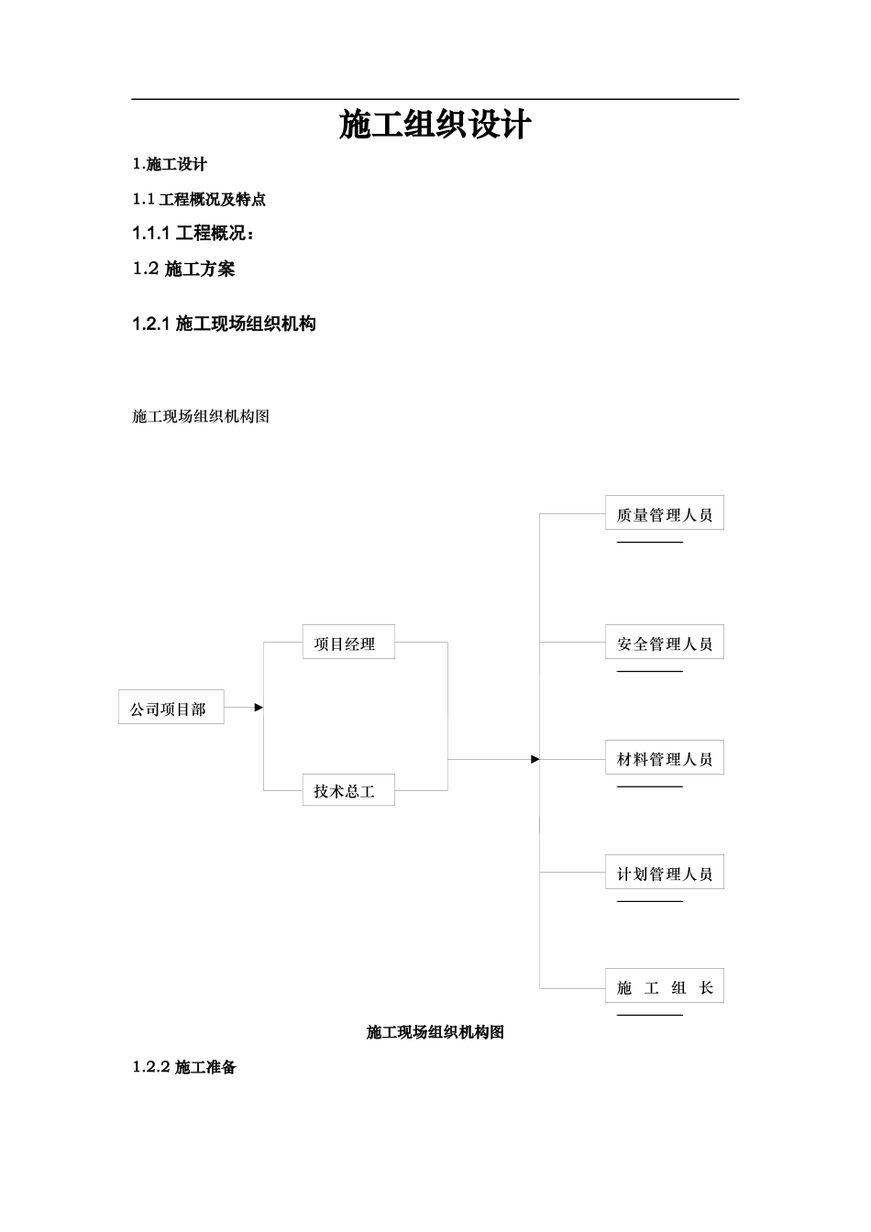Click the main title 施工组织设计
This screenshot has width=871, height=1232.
[435, 126]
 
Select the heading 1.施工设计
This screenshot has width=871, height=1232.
[170, 164]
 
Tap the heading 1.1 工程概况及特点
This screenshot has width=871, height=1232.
[199, 199]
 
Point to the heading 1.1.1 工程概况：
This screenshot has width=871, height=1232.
[193, 234]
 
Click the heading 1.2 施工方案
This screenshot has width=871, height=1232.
[183, 269]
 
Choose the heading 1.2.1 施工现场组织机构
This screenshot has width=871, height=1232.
[224, 324]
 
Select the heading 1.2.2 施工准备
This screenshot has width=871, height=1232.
[184, 1067]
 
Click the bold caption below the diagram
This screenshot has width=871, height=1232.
[435, 1032]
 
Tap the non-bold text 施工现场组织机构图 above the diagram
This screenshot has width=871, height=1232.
[201, 416]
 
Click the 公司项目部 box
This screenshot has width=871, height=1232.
[171, 709]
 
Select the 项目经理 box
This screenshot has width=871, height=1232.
[348, 643]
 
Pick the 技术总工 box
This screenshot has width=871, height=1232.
[348, 790]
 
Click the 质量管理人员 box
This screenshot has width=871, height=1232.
[664, 513]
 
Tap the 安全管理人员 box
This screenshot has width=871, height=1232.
[664, 643]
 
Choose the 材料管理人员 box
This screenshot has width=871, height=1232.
[664, 758]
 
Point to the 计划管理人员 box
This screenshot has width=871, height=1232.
[664, 873]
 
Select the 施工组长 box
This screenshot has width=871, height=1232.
[664, 986]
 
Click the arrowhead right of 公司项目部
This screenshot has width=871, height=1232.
[259, 708]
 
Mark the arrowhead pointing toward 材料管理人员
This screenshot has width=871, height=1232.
[535, 759]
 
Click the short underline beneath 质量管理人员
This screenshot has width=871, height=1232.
[649, 542]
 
